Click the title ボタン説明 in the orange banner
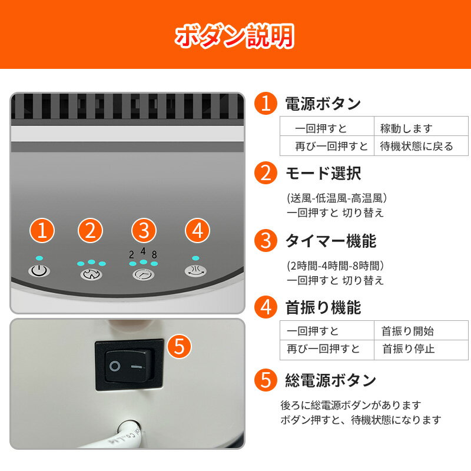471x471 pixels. click(x=234, y=36)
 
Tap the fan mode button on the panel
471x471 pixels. click(x=91, y=274)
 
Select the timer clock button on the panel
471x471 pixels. click(x=143, y=274)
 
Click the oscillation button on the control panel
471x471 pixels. click(x=195, y=271)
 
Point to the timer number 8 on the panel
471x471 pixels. click(x=154, y=255)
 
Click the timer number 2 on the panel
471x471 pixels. click(x=131, y=255)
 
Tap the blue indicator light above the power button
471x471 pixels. click(x=39, y=258)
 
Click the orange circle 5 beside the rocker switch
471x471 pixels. click(x=179, y=346)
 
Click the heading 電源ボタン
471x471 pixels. click(x=323, y=104)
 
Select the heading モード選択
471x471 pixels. click(x=323, y=173)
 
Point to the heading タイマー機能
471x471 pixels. click(x=331, y=241)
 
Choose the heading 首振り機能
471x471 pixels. click(x=323, y=307)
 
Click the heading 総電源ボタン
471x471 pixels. click(x=331, y=380)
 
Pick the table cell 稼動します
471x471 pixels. click(x=406, y=128)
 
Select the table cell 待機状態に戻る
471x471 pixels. click(x=416, y=146)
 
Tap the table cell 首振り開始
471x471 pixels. click(x=407, y=331)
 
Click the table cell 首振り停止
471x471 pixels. click(x=409, y=349)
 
